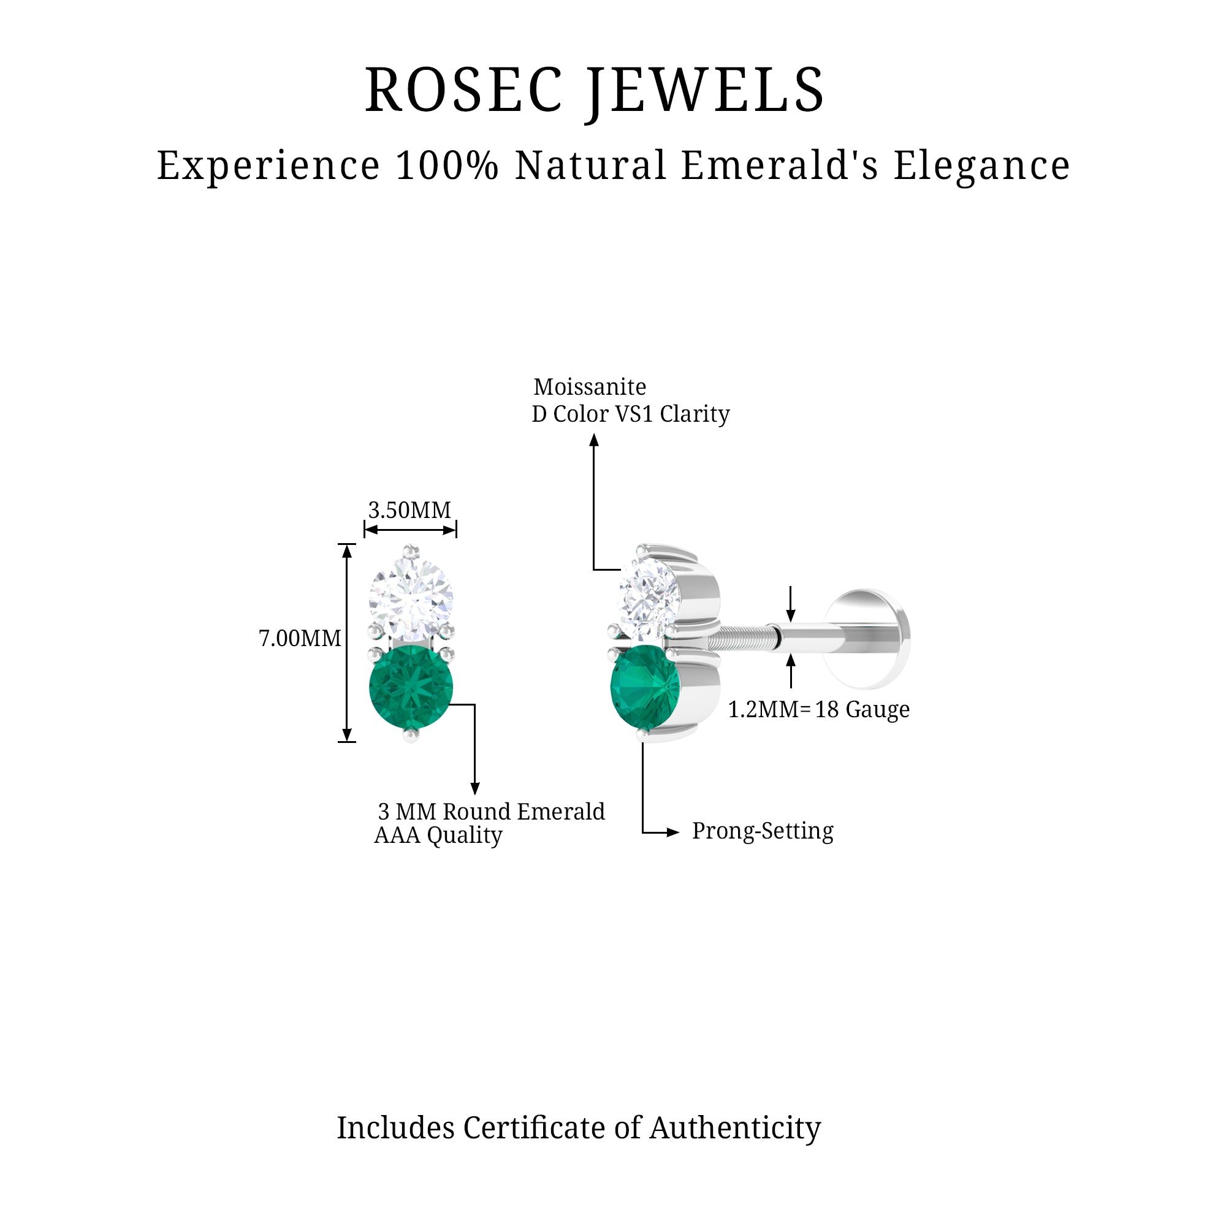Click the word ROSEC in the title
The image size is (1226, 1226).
click(x=463, y=91)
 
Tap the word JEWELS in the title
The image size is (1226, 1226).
click(x=706, y=91)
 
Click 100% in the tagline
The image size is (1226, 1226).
click(x=447, y=166)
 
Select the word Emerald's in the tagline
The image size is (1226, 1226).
click(x=780, y=166)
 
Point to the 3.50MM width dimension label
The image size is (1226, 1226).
click(x=409, y=510)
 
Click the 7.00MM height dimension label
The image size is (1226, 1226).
click(x=300, y=638)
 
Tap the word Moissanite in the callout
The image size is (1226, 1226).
click(x=590, y=386)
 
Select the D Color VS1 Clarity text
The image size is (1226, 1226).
click(x=631, y=414)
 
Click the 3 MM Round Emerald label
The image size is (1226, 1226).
click(x=491, y=812)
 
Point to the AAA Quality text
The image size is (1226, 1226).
click(x=438, y=835)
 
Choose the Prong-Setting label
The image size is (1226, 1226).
click(x=762, y=831)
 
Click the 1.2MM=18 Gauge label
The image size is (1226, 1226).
click(x=818, y=709)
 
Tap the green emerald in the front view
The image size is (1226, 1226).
click(x=411, y=687)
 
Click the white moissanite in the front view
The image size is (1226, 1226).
click(x=411, y=600)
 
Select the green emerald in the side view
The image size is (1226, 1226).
click(x=644, y=688)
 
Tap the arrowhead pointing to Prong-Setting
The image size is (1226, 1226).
click(x=672, y=832)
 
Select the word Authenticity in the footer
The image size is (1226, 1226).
click(x=735, y=1128)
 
